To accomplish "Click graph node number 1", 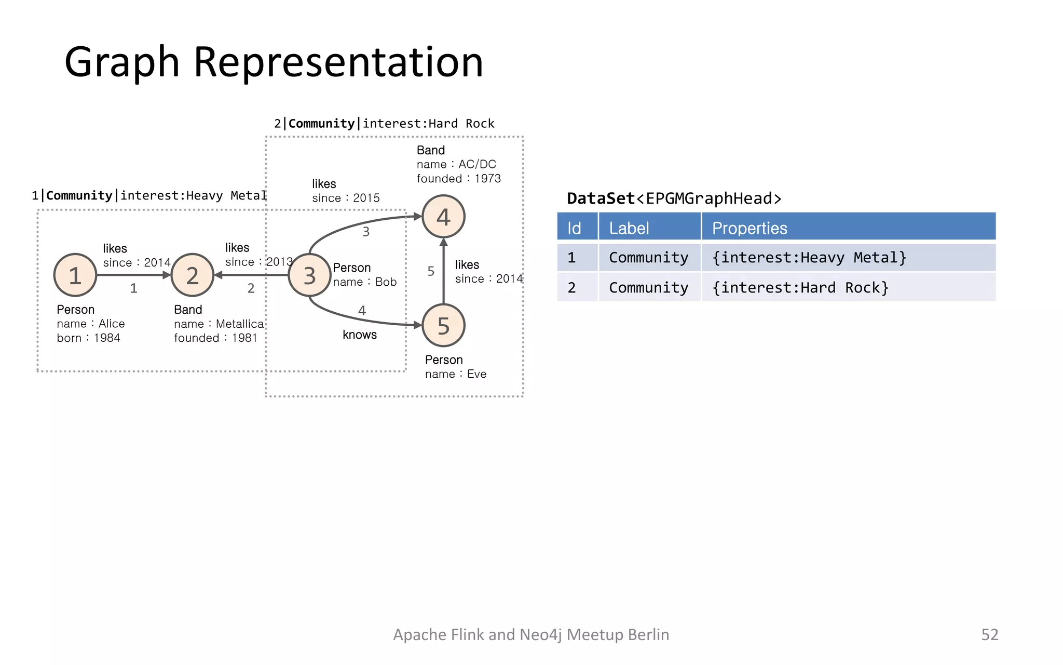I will coord(75,275).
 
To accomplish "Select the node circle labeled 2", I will coord(192,275).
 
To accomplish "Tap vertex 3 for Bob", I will coord(309,275).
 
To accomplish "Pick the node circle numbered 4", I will coord(443,217).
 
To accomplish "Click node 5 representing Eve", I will coord(443,326).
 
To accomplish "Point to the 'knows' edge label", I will coord(359,335).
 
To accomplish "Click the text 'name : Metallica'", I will coord(219,324).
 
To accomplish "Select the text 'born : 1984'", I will coord(88,338).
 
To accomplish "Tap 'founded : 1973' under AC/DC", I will coord(458,178).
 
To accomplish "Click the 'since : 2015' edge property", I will coord(346,198).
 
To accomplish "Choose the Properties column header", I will coord(749,228).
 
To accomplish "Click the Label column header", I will coord(629,228).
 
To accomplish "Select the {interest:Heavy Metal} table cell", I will coord(809,258).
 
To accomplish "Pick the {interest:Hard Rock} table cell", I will coord(800,287).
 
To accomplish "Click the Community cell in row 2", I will coord(648,287).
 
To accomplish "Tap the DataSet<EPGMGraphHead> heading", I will coord(674,198).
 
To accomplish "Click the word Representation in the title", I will coord(338,62).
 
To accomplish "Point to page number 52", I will coord(989,634).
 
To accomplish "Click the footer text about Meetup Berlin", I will coord(530,634).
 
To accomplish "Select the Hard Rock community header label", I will coord(384,124).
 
